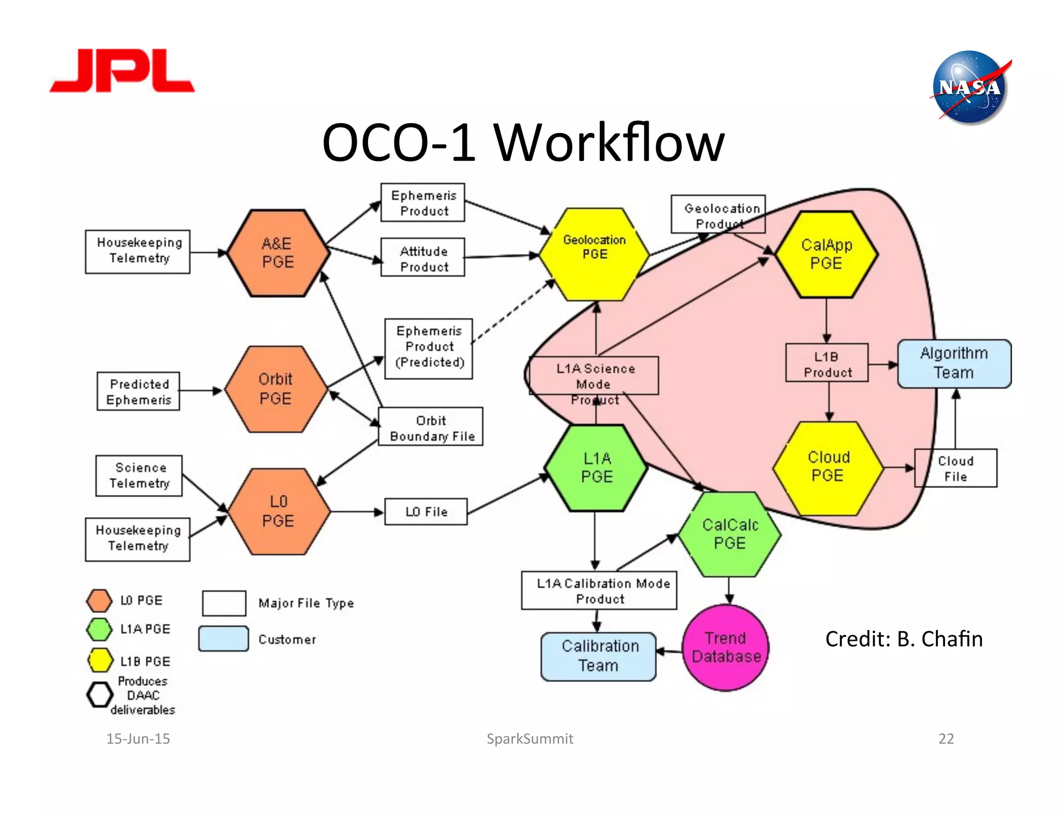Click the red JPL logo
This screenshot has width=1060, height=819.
pos(122,71)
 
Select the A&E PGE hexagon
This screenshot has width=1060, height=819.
pos(278,253)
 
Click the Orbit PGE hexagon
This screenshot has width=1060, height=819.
pos(275,389)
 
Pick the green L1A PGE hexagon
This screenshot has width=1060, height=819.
pos(596,467)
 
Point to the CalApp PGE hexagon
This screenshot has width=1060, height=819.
pos(826,254)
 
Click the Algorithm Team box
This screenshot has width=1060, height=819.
pos(954,363)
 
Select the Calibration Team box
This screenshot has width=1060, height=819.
pos(599,656)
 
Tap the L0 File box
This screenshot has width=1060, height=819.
pos(426,511)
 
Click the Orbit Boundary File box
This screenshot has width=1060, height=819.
pos(431,428)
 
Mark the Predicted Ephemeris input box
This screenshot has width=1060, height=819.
pos(139,391)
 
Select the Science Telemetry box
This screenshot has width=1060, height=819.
pos(139,475)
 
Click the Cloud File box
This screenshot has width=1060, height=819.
pos(955,468)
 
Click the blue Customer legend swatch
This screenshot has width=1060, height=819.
pos(224,638)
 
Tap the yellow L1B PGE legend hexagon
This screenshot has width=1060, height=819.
pos(100,660)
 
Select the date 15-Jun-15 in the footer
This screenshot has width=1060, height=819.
pos(138,738)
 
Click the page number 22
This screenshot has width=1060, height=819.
pos(946,738)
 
